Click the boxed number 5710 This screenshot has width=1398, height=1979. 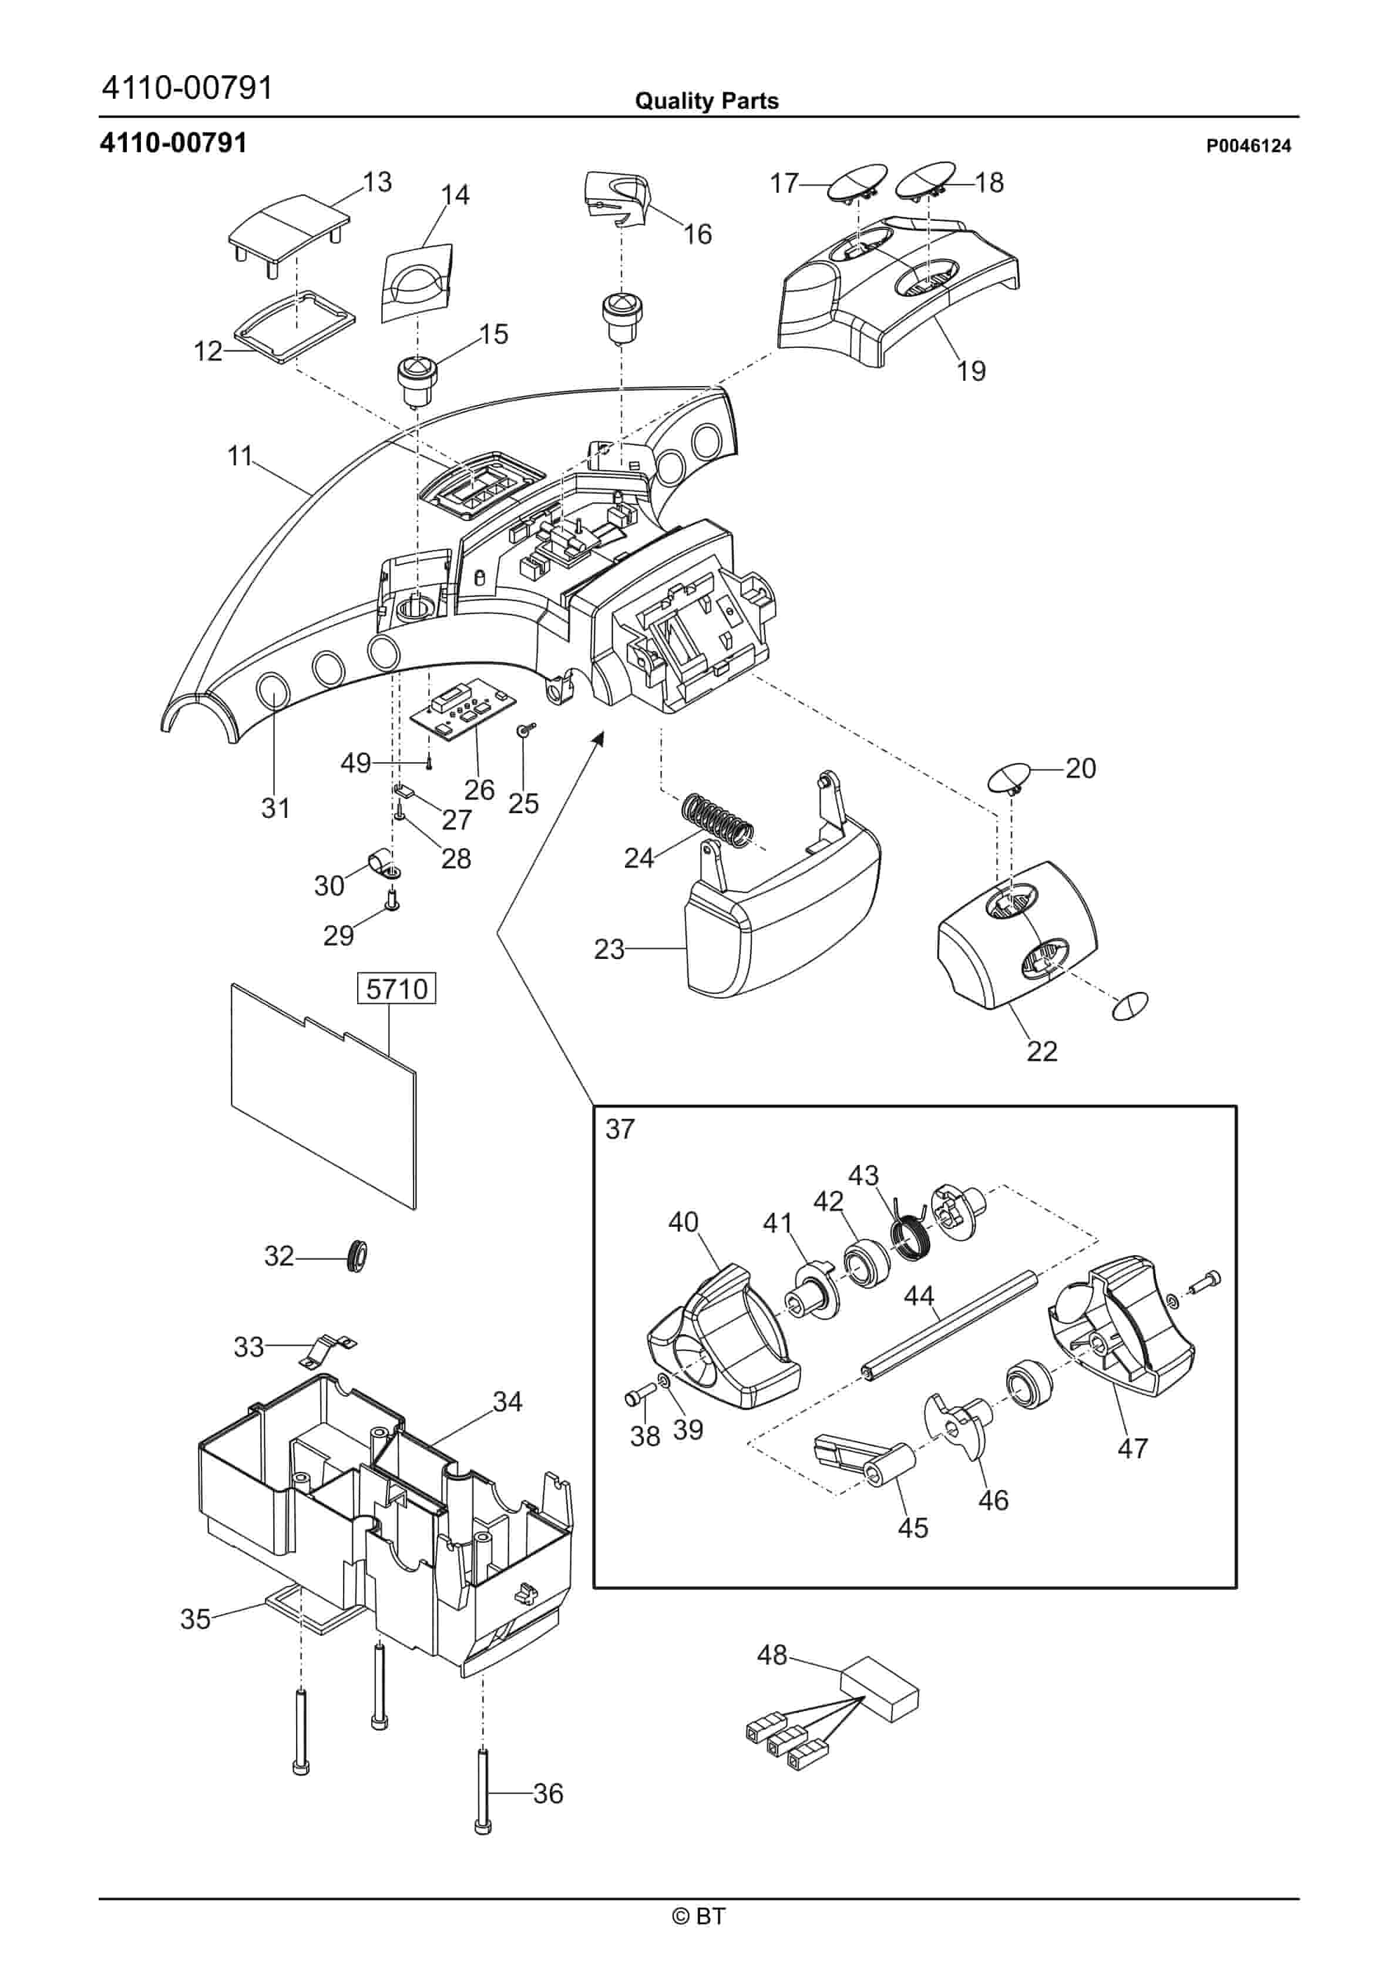(396, 988)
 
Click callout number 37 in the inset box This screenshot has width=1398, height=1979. (620, 1129)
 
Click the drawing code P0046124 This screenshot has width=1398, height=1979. (1248, 146)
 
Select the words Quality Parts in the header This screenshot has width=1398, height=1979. (706, 101)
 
